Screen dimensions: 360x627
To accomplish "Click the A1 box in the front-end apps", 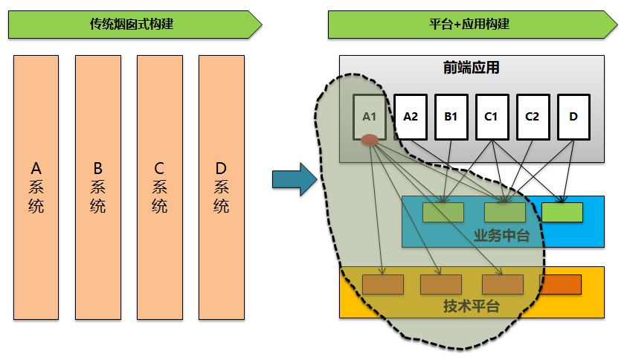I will (x=370, y=117).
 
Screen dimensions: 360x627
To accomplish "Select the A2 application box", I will (x=411, y=117).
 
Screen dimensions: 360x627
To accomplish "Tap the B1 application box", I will (x=451, y=117).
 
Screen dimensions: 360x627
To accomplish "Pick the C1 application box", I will (x=491, y=117).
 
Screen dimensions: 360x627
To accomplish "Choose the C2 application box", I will (x=532, y=117).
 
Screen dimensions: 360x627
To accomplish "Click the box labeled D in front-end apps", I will (x=573, y=117).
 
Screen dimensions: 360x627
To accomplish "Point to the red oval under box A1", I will (x=370, y=140).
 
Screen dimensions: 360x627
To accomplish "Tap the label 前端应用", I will (x=472, y=68).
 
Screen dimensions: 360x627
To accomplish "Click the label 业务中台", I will (x=501, y=236).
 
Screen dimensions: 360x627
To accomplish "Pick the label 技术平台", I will (x=472, y=306).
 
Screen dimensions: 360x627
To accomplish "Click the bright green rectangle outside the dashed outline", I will (x=562, y=213).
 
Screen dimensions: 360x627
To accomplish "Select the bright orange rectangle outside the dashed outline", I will (x=560, y=284).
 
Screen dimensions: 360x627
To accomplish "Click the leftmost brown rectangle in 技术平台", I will (x=383, y=284).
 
